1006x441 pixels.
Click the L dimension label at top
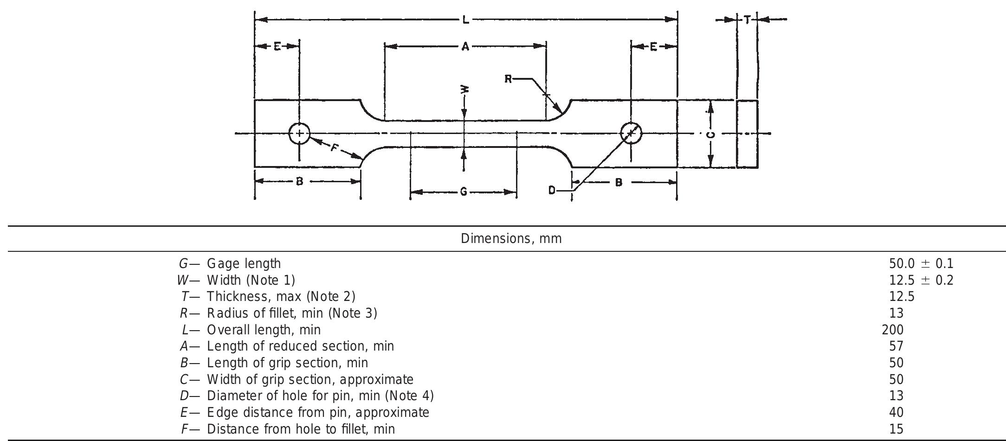[x=465, y=20]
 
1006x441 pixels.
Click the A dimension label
[x=465, y=46]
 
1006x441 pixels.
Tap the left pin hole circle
[x=299, y=134]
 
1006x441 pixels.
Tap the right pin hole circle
[x=631, y=133]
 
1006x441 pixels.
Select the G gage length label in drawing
[x=463, y=192]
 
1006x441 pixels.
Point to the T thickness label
[x=747, y=20]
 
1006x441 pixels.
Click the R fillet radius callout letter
[x=508, y=79]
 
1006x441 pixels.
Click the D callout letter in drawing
[x=552, y=190]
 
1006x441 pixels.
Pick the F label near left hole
[x=335, y=148]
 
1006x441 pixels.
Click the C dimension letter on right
[x=710, y=134]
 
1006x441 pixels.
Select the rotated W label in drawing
[x=464, y=89]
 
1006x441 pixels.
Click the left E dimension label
[x=277, y=46]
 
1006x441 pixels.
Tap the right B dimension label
[x=619, y=182]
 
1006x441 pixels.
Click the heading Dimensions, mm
[x=511, y=239]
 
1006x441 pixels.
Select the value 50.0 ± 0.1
[x=921, y=264]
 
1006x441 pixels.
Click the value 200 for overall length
[x=892, y=330]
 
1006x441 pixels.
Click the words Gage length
[x=244, y=264]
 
